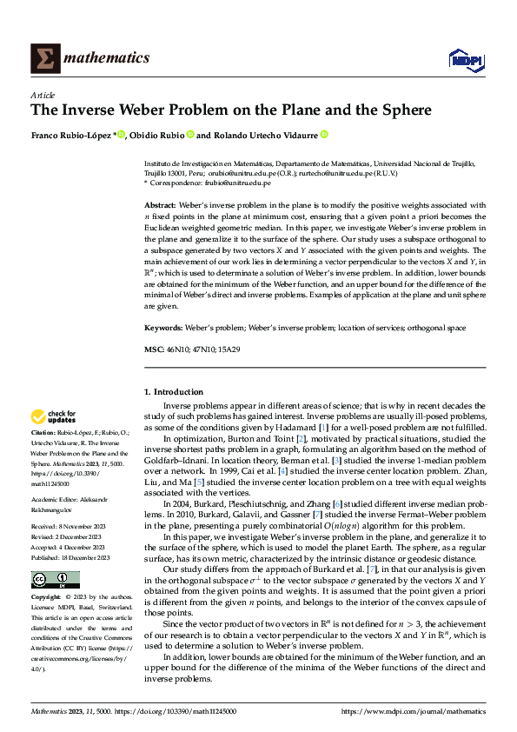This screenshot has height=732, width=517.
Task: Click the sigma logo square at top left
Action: [44, 58]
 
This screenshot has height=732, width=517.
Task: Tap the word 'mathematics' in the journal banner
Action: [109, 58]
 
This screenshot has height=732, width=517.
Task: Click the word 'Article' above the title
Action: [43, 95]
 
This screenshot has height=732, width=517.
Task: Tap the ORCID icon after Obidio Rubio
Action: [189, 135]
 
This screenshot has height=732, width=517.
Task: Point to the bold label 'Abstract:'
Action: [162, 206]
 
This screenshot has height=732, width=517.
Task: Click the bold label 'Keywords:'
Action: [164, 329]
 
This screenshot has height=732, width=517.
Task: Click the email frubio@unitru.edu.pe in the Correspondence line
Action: [236, 184]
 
